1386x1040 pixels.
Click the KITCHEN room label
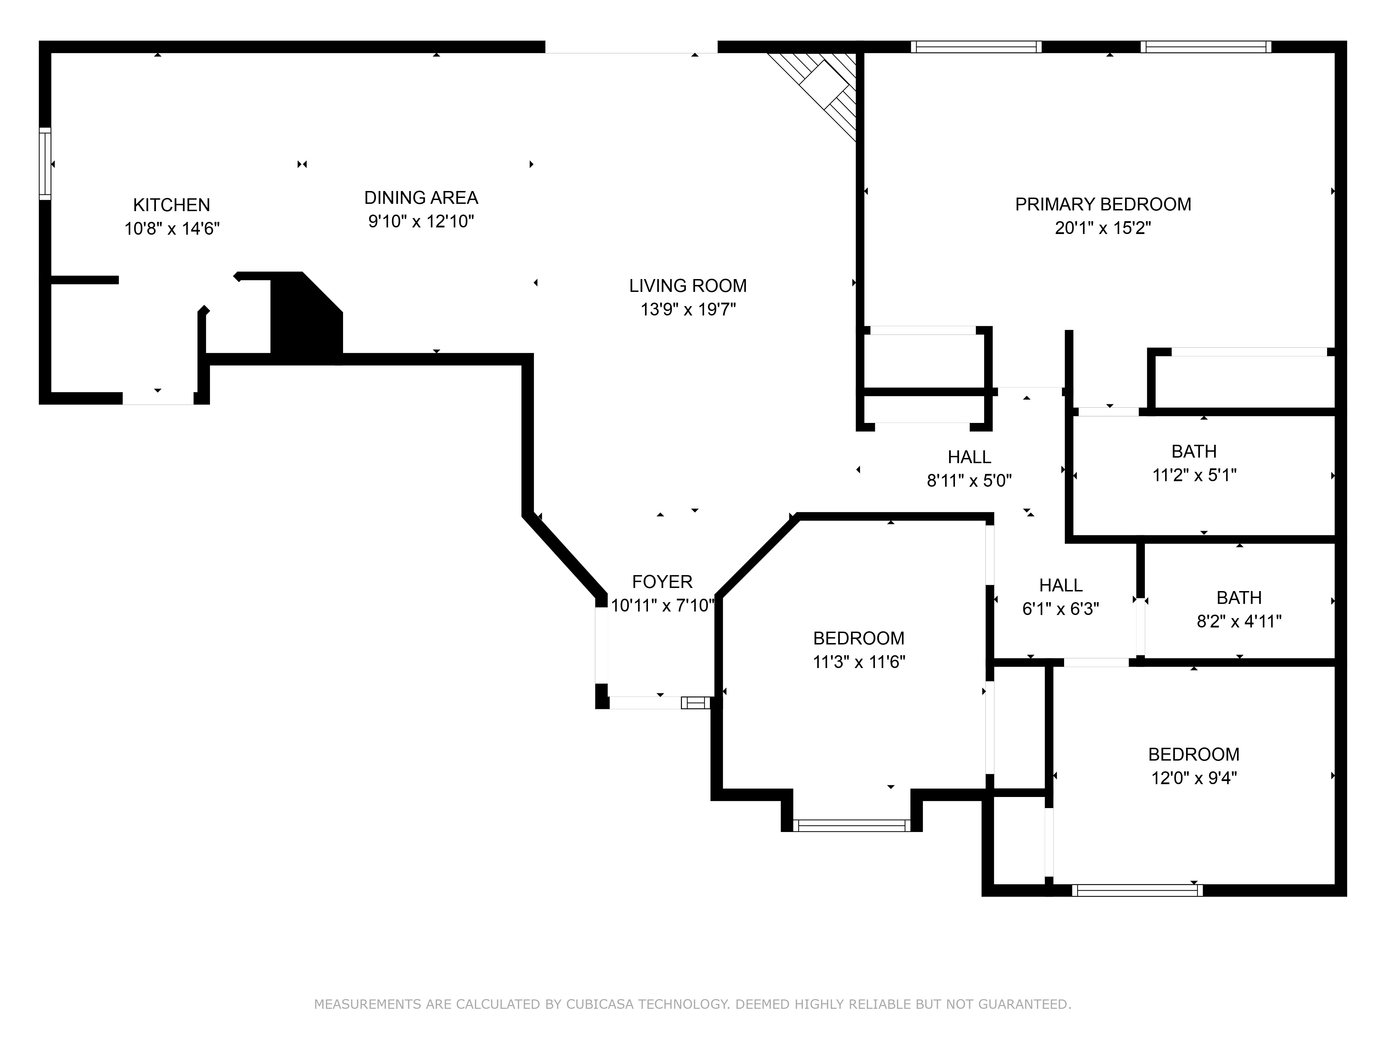[171, 205]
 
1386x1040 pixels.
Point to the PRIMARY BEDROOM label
[1103, 205]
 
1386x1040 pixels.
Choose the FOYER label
[662, 582]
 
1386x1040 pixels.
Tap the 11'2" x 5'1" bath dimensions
[1194, 475]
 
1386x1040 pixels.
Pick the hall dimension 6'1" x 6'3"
[1060, 609]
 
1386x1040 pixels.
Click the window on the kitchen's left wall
[44, 164]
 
